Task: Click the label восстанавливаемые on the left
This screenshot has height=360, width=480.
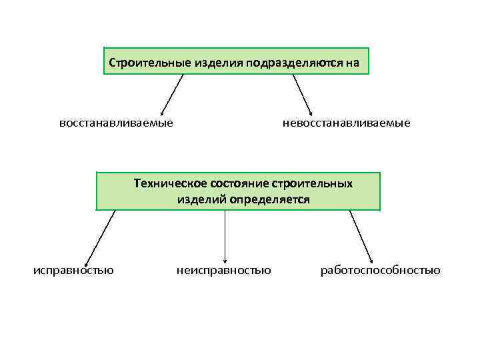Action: [116, 123]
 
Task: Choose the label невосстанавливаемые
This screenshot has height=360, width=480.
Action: [347, 123]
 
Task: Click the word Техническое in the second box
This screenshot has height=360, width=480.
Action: [170, 183]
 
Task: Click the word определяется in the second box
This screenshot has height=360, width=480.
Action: [269, 199]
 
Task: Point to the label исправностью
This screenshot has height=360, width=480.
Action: [73, 270]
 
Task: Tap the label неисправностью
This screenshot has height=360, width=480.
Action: [224, 270]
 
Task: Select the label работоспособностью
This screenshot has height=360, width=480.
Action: [380, 270]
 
